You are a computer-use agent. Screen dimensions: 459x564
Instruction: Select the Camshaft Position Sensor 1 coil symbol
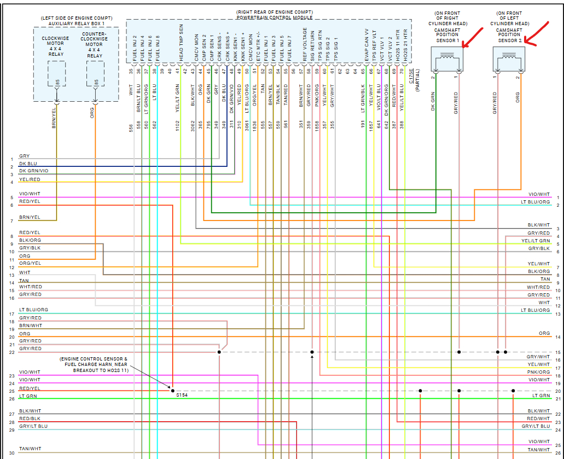[x=446, y=58]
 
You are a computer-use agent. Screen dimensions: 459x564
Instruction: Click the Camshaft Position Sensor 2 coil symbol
[x=509, y=58]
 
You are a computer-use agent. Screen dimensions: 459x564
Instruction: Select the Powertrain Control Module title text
[x=275, y=18]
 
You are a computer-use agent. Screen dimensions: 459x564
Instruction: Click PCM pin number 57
[x=300, y=71]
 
